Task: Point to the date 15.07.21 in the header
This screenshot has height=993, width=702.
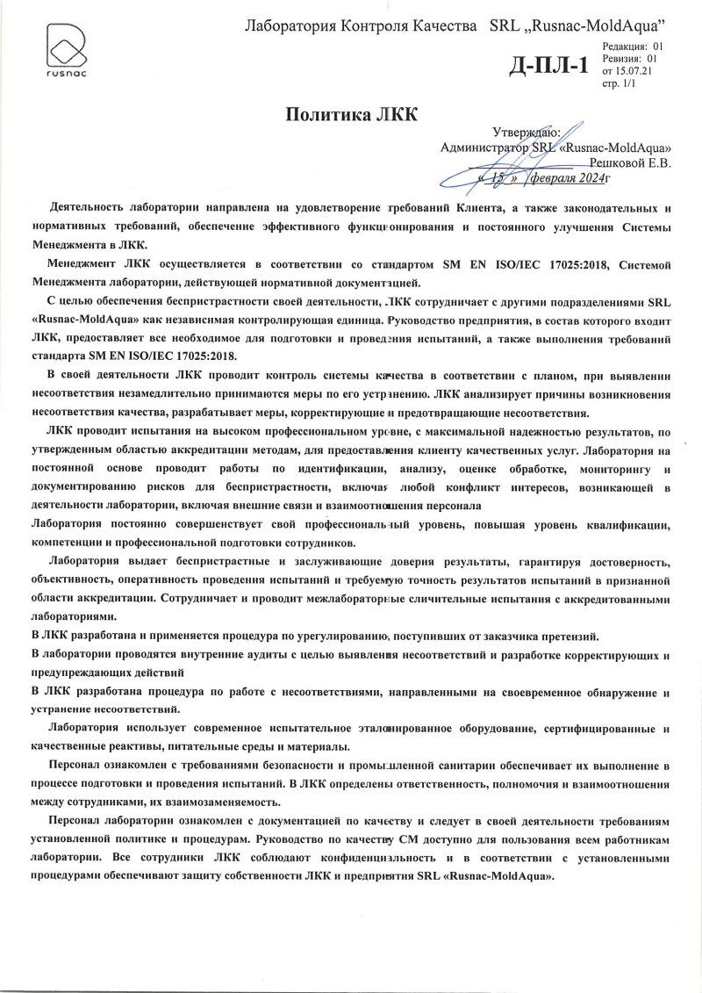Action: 634,69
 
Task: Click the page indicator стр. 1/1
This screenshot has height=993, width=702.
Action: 619,82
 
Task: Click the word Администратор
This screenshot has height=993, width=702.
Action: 484,148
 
